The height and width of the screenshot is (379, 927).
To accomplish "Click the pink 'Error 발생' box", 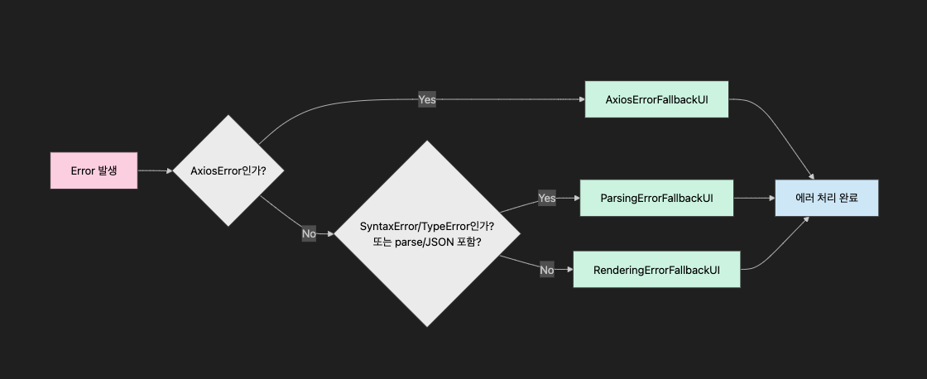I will [94, 170].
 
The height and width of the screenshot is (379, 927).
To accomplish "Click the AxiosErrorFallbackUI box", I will [656, 99].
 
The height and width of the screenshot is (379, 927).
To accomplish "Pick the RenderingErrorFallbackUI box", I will [656, 270].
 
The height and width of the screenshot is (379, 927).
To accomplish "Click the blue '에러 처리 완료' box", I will [826, 199].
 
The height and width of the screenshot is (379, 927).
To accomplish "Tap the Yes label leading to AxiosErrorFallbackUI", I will [427, 99].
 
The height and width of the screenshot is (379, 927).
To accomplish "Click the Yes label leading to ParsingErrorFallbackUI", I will [546, 199].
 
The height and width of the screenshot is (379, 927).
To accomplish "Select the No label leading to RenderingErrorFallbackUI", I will [546, 270].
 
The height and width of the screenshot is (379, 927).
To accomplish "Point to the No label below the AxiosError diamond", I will [309, 234].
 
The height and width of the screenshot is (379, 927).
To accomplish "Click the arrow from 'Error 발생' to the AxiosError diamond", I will [154, 170].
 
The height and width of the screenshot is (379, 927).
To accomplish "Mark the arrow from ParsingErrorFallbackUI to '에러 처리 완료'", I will [753, 199].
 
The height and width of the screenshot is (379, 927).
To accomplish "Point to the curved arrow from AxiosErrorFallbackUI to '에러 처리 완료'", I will [774, 124].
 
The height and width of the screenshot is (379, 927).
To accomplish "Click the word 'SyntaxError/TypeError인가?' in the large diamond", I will [427, 226].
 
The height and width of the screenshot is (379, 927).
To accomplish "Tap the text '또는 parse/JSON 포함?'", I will [427, 242].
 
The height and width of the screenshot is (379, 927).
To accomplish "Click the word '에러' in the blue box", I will [802, 199].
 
